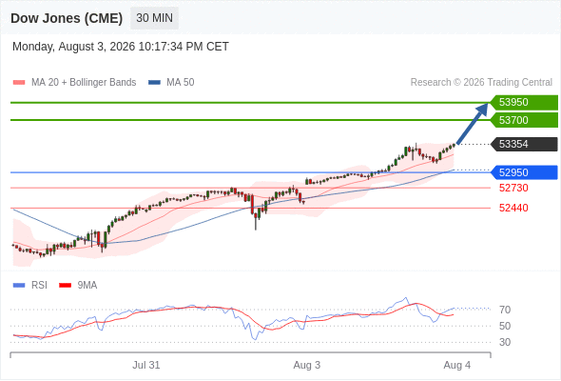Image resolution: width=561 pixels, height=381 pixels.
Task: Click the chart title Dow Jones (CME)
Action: [67, 18]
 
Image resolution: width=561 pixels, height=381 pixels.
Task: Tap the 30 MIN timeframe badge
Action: [155, 18]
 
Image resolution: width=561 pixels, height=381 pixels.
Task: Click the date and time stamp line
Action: [121, 47]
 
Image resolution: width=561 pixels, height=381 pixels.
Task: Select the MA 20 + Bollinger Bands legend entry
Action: [74, 83]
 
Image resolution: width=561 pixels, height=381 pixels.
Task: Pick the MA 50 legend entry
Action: [171, 83]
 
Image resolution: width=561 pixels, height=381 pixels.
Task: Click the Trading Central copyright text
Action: [481, 83]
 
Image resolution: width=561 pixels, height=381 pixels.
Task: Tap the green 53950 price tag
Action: [524, 103]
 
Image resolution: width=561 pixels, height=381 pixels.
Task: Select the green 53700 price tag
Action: [524, 120]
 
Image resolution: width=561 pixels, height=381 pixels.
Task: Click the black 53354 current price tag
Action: [524, 144]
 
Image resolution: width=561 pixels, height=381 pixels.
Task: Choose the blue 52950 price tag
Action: [524, 172]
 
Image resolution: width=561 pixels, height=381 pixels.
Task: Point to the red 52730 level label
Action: [513, 188]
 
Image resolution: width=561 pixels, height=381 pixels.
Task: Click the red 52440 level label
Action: [513, 208]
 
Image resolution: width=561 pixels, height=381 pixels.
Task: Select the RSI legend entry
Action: [30, 286]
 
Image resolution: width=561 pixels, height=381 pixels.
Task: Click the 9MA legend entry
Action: [78, 286]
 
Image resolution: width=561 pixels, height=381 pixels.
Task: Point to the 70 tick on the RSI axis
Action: [505, 310]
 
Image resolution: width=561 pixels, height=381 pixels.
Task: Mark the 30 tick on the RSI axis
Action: [505, 342]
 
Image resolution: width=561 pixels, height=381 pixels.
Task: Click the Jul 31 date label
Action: [146, 365]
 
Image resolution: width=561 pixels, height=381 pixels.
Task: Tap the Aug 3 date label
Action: [306, 365]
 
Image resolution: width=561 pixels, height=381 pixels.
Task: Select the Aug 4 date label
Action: [457, 365]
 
